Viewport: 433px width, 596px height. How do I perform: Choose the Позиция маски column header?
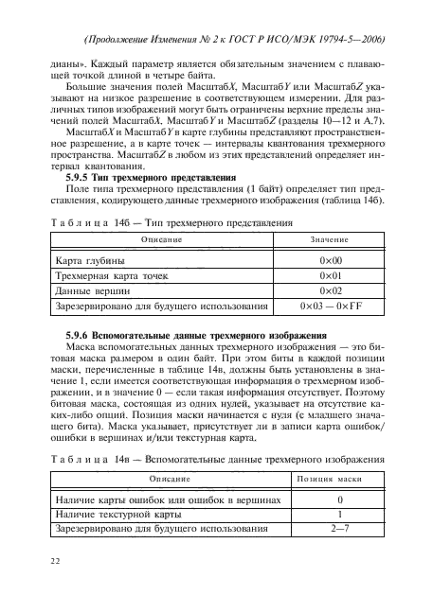click(x=339, y=480)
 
